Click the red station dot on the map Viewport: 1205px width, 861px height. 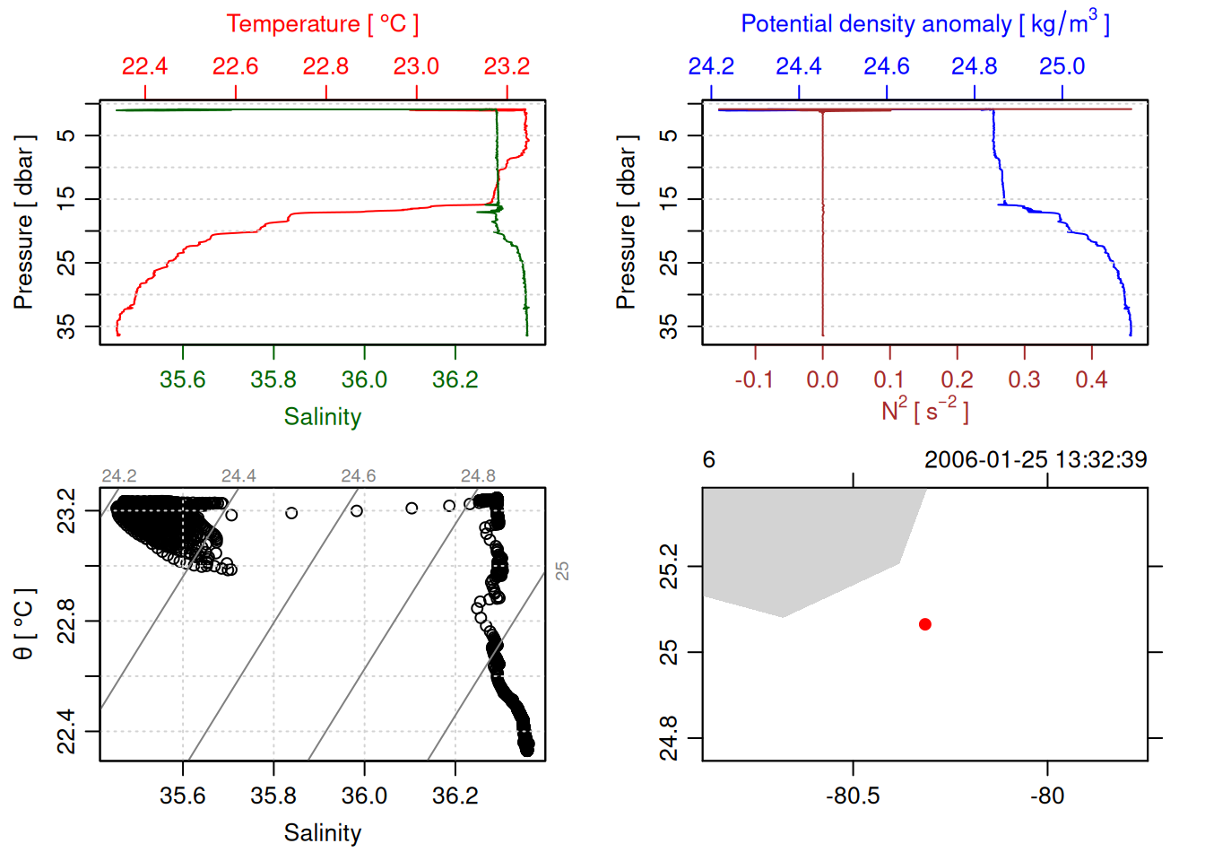pyautogui.click(x=924, y=624)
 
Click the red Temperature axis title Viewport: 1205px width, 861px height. pyautogui.click(x=322, y=24)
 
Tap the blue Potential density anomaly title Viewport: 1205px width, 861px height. pyautogui.click(x=924, y=23)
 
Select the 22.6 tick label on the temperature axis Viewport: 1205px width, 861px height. pyautogui.click(x=235, y=66)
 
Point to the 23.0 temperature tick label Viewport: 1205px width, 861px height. pyautogui.click(x=416, y=66)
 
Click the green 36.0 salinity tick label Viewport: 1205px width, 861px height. pyautogui.click(x=364, y=380)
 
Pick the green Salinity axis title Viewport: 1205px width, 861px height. pyautogui.click(x=322, y=417)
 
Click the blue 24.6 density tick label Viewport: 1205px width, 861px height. pyautogui.click(x=886, y=66)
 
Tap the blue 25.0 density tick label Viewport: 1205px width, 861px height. pyautogui.click(x=1062, y=66)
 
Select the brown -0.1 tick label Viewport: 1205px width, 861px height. pyautogui.click(x=754, y=380)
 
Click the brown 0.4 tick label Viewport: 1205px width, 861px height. pyautogui.click(x=1091, y=380)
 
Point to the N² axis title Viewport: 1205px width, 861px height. pyautogui.click(x=924, y=411)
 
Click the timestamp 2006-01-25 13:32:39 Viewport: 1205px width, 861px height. pyautogui.click(x=1035, y=460)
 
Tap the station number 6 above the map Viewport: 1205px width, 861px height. pyautogui.click(x=708, y=460)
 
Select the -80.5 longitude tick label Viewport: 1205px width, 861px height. pyautogui.click(x=853, y=796)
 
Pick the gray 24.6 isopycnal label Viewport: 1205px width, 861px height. pyautogui.click(x=358, y=476)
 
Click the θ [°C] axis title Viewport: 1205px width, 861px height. pyautogui.click(x=24, y=624)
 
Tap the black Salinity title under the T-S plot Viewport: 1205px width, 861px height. pyautogui.click(x=322, y=833)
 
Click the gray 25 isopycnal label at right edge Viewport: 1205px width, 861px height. pyautogui.click(x=562, y=571)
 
